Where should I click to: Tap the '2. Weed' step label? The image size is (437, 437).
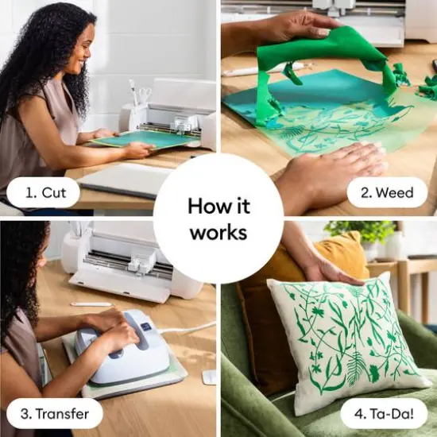click(x=387, y=192)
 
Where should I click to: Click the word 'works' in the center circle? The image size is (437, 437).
click(x=218, y=234)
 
